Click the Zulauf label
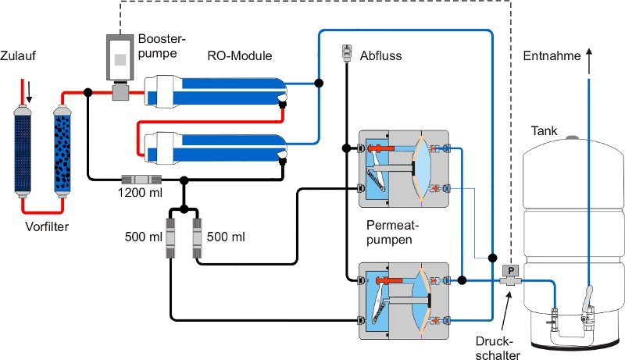click(x=17, y=55)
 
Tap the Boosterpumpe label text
click(x=162, y=46)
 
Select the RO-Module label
click(x=240, y=55)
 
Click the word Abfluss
click(x=380, y=55)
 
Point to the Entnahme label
click(x=552, y=55)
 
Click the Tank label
click(x=544, y=130)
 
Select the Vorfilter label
click(x=47, y=226)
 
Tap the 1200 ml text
click(x=140, y=192)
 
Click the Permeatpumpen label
click(x=393, y=233)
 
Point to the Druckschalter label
click(x=498, y=348)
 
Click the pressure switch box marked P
click(x=511, y=272)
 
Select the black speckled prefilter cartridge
click(x=62, y=151)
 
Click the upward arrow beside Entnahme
click(x=589, y=62)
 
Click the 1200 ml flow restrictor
click(x=141, y=180)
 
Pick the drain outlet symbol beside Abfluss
click(x=347, y=53)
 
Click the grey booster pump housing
click(x=120, y=57)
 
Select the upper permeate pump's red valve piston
click(x=381, y=148)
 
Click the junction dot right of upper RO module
click(x=319, y=83)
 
